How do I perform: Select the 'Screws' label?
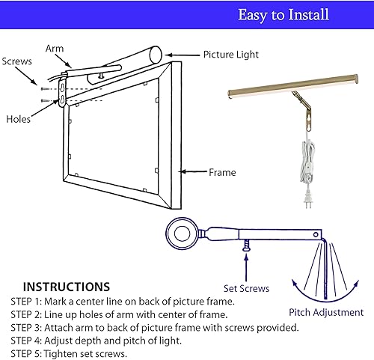(16, 61)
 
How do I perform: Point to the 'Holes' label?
(18, 118)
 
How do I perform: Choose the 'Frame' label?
(222, 173)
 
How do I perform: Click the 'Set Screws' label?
(246, 287)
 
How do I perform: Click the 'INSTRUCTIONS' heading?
(67, 287)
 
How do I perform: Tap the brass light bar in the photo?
(292, 86)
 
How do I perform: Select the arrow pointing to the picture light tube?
(180, 55)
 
